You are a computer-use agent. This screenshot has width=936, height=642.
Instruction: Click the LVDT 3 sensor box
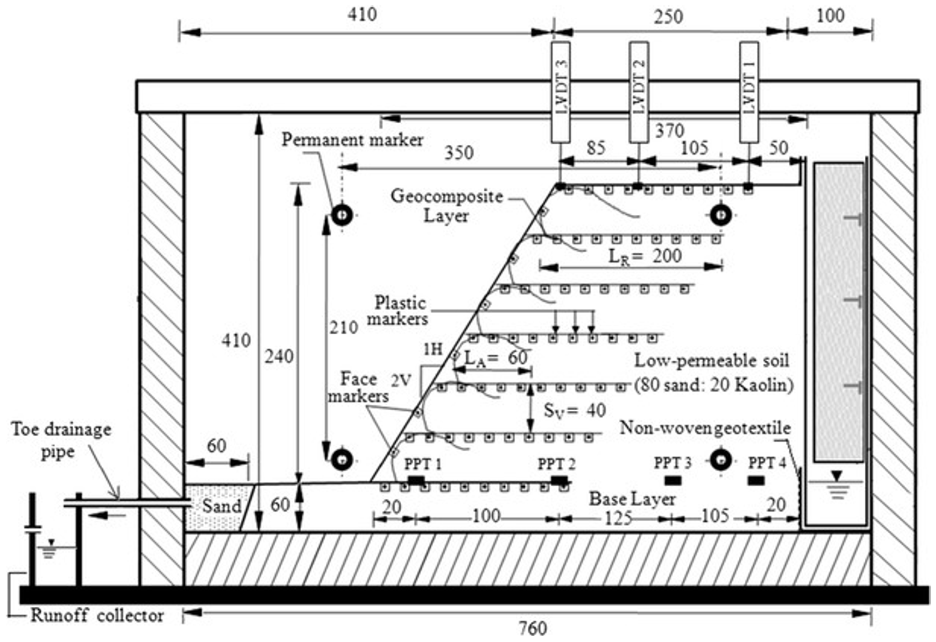point(560,92)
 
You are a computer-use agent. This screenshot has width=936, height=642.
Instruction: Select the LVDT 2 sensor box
point(639,92)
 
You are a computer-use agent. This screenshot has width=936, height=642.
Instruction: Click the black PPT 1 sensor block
point(416,480)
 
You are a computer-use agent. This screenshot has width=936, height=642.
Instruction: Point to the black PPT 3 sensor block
point(673,480)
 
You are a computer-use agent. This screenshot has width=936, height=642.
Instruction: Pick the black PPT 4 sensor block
point(756,480)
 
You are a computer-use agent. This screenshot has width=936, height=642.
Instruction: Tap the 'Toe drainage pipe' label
point(60,440)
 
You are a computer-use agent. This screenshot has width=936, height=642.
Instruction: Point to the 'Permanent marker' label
point(352,140)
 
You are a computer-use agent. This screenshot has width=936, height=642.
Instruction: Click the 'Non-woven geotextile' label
point(705,428)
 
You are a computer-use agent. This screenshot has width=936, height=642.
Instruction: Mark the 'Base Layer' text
point(632,499)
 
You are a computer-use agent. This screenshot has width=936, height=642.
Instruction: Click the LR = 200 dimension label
point(645,257)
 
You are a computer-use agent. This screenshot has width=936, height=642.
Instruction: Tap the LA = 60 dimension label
point(496,358)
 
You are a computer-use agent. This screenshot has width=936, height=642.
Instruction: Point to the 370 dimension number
point(670,131)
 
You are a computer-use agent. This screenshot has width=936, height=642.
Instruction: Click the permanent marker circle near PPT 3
point(720,460)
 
